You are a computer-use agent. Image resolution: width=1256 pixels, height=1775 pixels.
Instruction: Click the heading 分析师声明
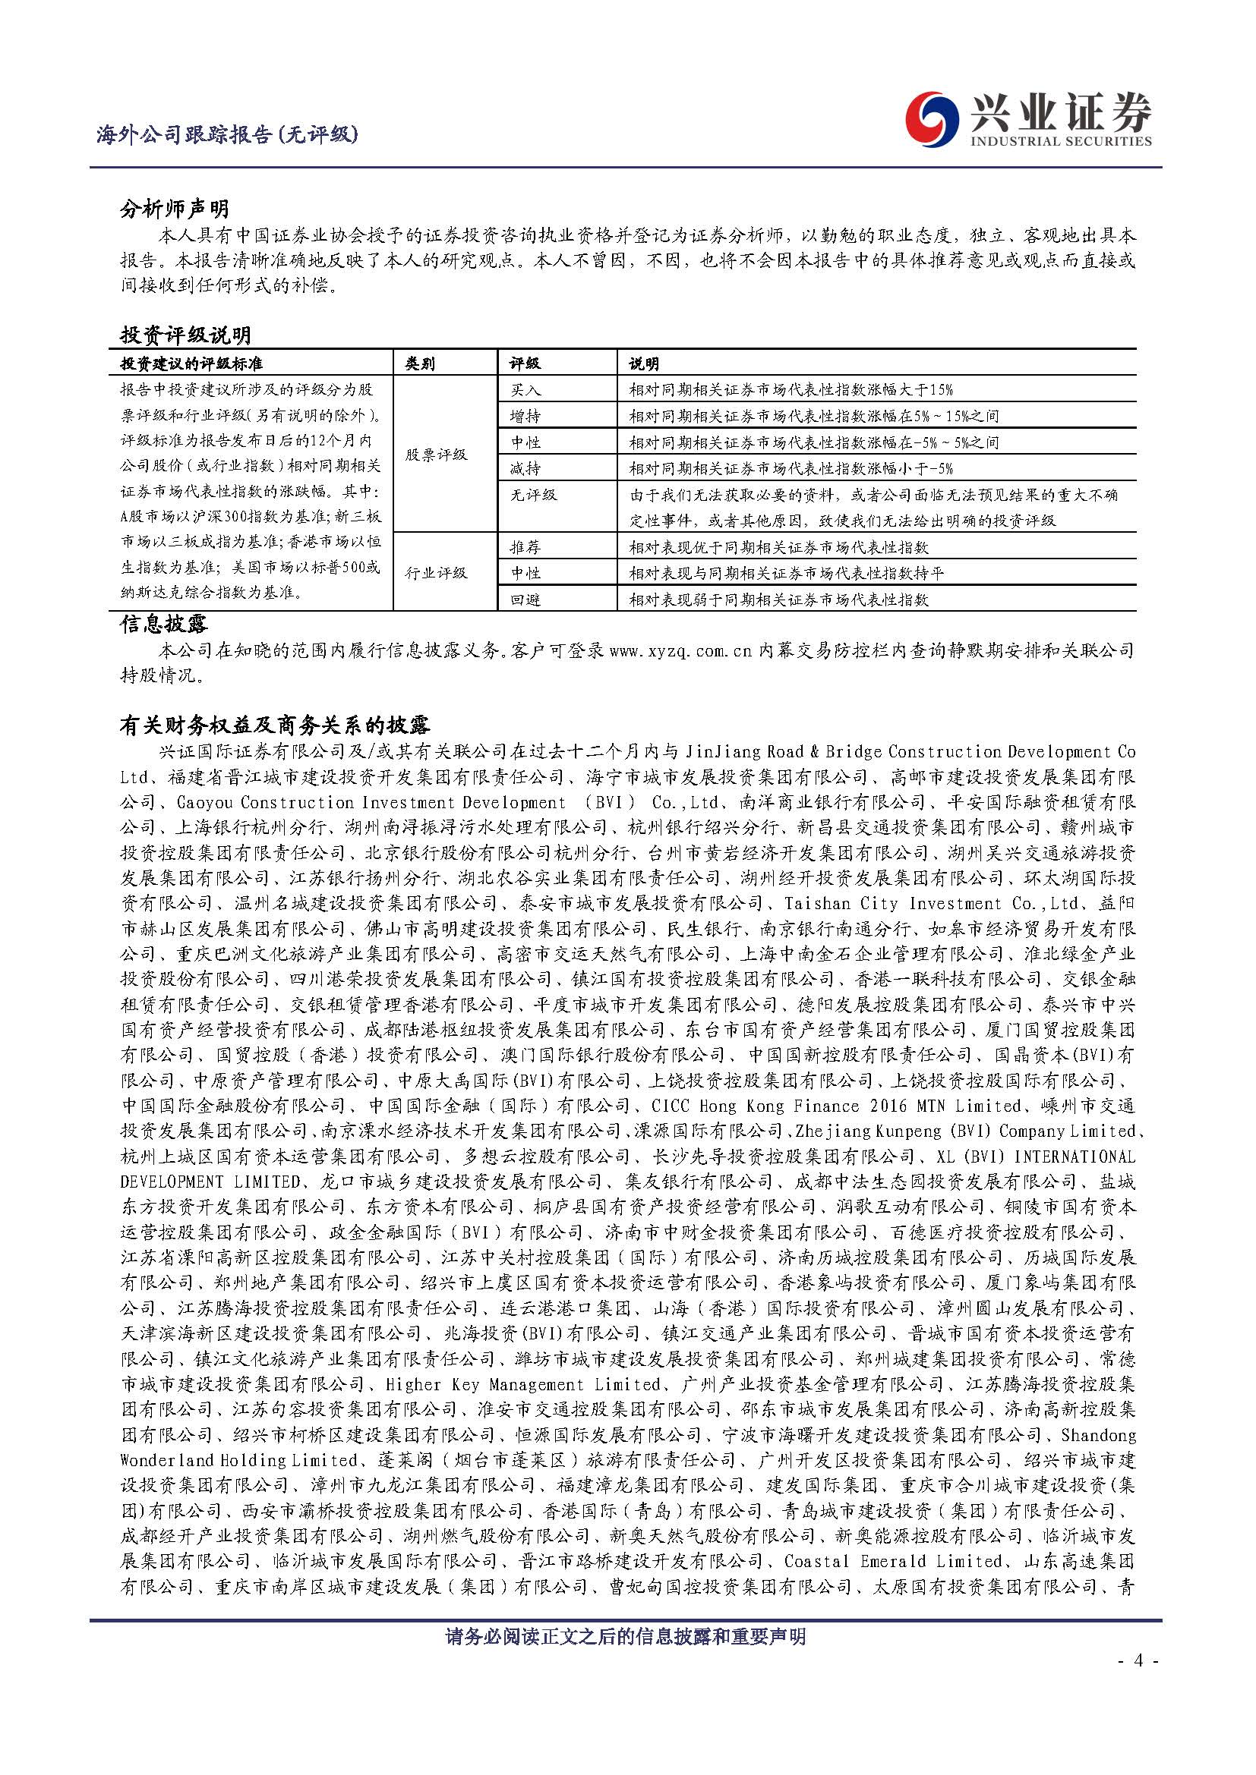coord(174,209)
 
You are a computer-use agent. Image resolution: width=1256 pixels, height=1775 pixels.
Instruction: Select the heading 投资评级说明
coord(185,335)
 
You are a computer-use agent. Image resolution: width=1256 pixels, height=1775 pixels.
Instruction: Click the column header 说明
coord(643,363)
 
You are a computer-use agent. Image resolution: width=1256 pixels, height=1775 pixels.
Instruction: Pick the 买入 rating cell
coord(526,390)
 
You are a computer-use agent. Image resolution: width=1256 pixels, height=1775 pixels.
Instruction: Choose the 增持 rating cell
coord(526,417)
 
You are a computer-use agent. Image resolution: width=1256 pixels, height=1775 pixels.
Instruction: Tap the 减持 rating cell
coord(526,468)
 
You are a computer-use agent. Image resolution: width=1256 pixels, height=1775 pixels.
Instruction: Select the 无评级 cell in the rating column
coord(534,495)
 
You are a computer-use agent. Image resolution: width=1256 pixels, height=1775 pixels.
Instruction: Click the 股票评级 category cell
coord(437,455)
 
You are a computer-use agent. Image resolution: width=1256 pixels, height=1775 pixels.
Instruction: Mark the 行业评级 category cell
coord(437,573)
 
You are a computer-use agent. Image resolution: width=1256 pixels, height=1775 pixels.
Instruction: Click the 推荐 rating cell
coord(526,547)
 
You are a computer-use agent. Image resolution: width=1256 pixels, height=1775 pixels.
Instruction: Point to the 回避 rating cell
coord(526,600)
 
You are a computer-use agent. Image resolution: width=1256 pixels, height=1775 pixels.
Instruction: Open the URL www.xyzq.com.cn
coord(680,651)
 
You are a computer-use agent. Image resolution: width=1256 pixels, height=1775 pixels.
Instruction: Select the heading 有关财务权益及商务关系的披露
coord(275,725)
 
